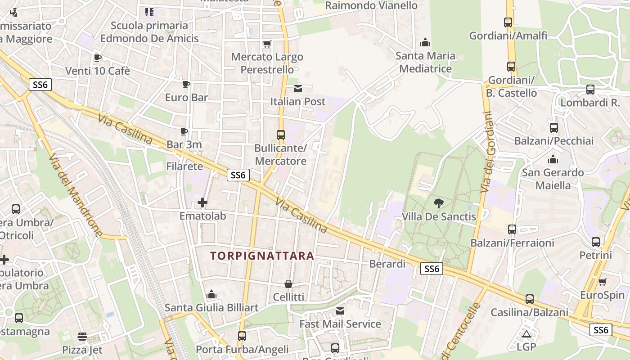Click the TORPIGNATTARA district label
pos(262,256)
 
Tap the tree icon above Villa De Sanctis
pos(439,203)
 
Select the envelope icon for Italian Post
pos(298,88)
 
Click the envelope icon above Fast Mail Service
pos(340,310)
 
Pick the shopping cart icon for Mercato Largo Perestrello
pos(267,44)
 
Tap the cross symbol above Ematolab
pos(202,202)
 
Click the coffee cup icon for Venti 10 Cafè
pos(97,58)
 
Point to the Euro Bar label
pos(186,97)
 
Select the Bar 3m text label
pos(184,144)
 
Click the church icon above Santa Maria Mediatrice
pos(425,43)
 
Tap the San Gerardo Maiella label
pos(553,179)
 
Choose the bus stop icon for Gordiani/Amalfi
pos(508,22)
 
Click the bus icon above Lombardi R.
pos(590,90)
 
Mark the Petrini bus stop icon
pos(596,242)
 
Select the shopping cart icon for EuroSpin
pos(603,282)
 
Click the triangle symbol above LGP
pos(526,334)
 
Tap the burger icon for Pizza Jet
pos(82,337)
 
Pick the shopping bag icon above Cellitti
pos(288,284)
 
